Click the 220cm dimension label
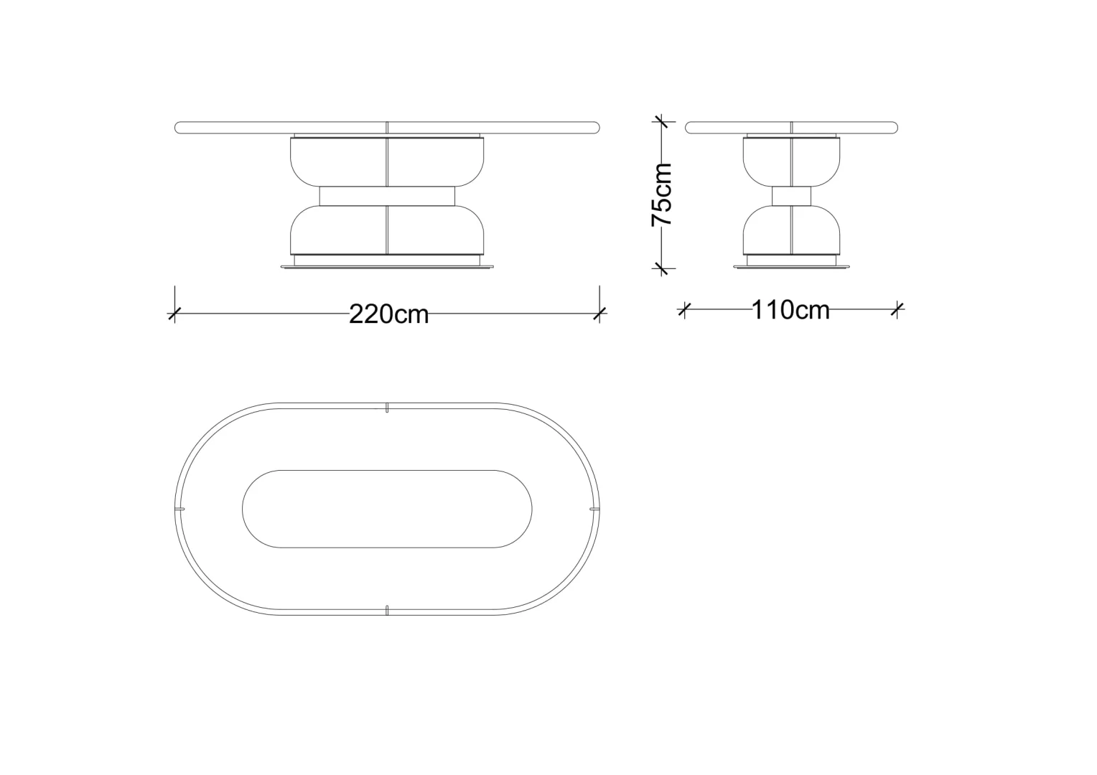tap(389, 314)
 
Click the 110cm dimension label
tap(790, 310)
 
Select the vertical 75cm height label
tap(662, 194)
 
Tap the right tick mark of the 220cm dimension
tap(599, 314)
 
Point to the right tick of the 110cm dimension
tap(897, 309)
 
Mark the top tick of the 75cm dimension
tap(661, 121)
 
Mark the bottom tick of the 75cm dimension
tap(661, 268)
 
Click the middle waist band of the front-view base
tap(387, 196)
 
